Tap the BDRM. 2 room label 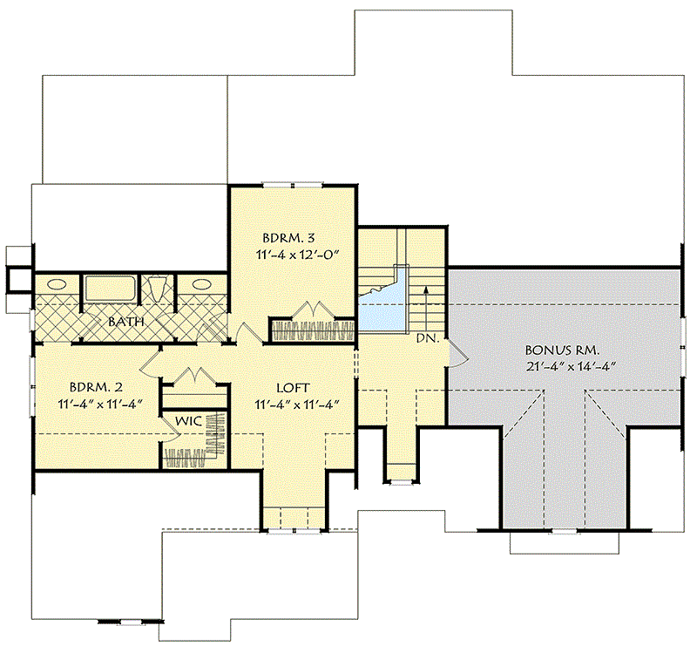[x=96, y=387]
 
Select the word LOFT [x=293, y=388]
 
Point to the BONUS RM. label [x=562, y=350]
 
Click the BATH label [x=126, y=321]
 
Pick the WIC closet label [x=188, y=421]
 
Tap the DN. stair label [x=428, y=338]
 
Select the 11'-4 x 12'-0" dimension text [x=297, y=255]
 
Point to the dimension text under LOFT [x=297, y=405]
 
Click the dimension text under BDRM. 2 [x=100, y=404]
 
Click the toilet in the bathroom [x=157, y=289]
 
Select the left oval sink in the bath [x=57, y=283]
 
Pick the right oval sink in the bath [x=202, y=283]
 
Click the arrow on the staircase [x=426, y=308]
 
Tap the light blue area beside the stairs [x=382, y=306]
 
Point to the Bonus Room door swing [x=457, y=354]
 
